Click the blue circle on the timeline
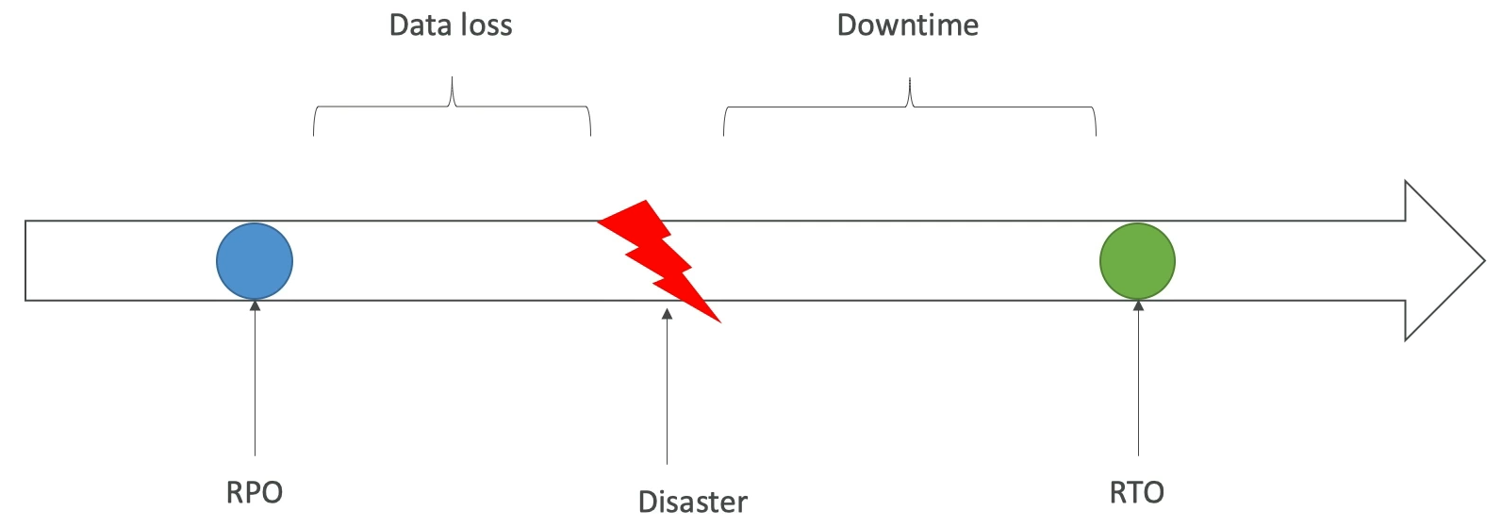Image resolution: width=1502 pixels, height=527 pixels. pyautogui.click(x=255, y=261)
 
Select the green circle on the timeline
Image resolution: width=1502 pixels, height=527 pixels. pyautogui.click(x=1137, y=261)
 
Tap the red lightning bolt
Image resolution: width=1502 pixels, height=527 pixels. pyautogui.click(x=660, y=258)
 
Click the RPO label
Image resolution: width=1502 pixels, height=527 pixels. pyautogui.click(x=255, y=492)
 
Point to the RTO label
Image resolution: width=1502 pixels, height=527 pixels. pyautogui.click(x=1137, y=492)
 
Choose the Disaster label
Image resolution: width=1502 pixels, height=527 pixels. pyautogui.click(x=693, y=502)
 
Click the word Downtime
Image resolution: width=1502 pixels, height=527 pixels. pyautogui.click(x=908, y=25)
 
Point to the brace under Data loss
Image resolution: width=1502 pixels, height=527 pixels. pyautogui.click(x=452, y=107)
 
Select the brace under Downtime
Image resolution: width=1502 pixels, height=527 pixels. pyautogui.click(x=910, y=107)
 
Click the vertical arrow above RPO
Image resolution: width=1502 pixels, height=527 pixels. pyautogui.click(x=255, y=377)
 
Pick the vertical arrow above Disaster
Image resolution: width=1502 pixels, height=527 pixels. pyautogui.click(x=667, y=387)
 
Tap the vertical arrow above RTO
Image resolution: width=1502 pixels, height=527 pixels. pyautogui.click(x=1138, y=377)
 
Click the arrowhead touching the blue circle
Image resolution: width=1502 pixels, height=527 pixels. pyautogui.click(x=255, y=305)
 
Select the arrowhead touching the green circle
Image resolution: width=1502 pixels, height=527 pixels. pyautogui.click(x=1138, y=305)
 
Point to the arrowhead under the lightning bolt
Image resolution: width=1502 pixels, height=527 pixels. pyautogui.click(x=667, y=314)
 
